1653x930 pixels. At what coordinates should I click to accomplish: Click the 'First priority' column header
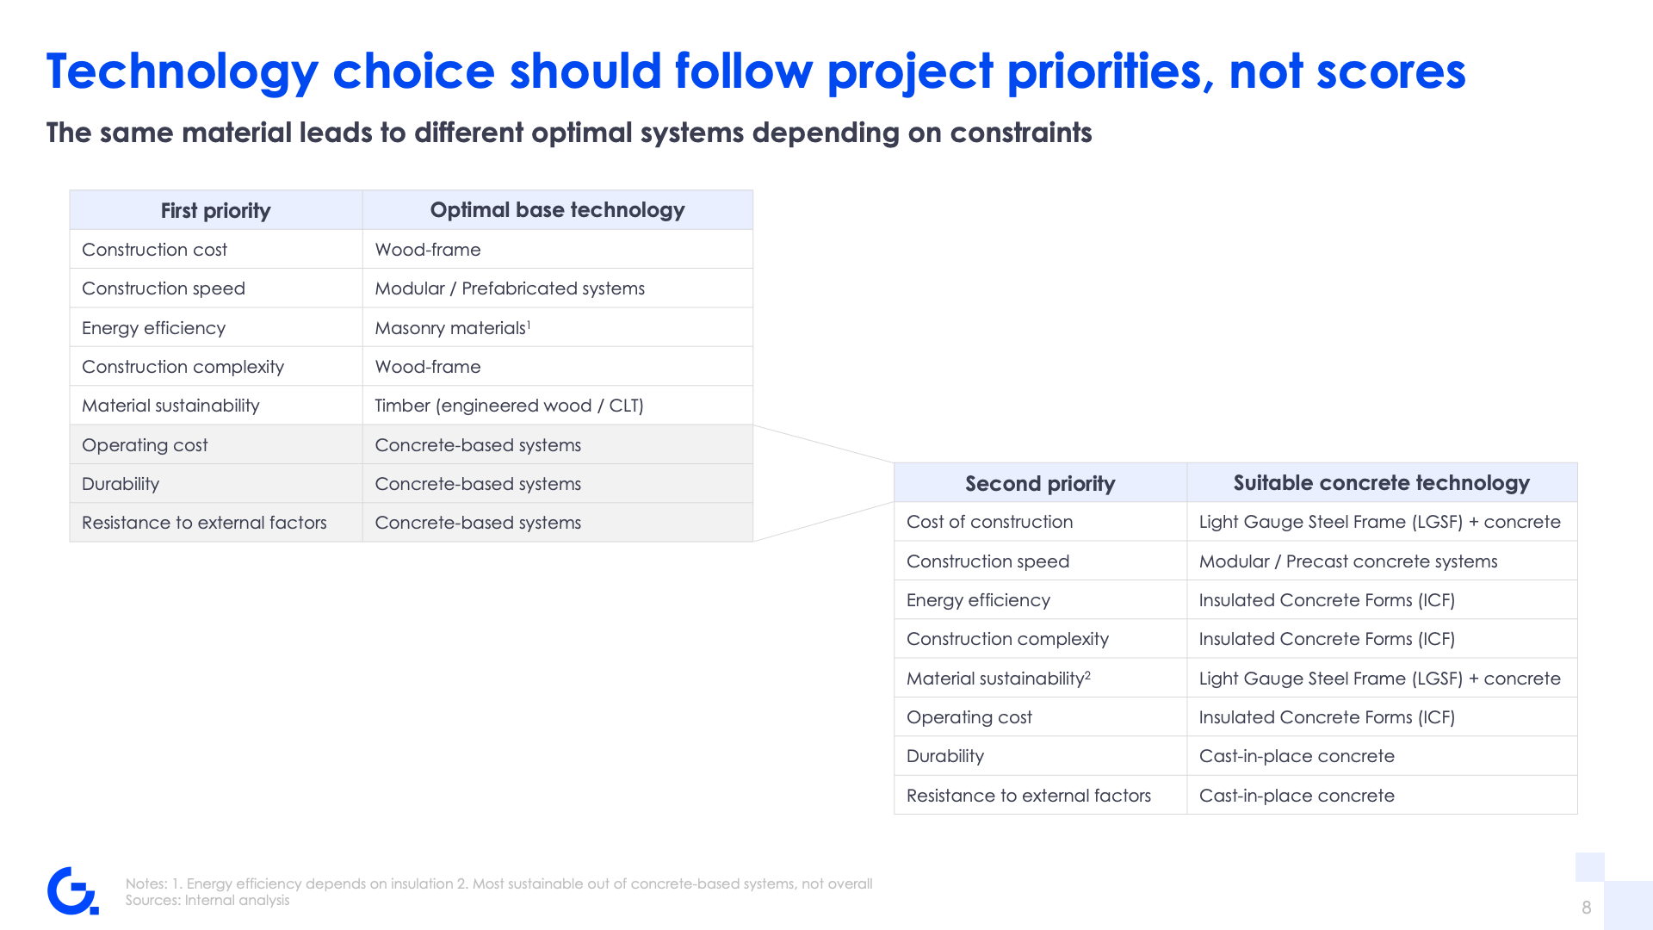[x=215, y=211]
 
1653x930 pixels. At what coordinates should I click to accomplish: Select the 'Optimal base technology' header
[x=557, y=210]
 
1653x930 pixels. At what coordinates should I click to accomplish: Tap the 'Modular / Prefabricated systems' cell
[x=510, y=288]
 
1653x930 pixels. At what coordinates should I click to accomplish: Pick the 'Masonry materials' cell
[x=453, y=328]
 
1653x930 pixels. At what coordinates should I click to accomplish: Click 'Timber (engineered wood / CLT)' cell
[x=509, y=406]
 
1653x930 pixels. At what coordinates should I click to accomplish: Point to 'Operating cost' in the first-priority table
[x=145, y=445]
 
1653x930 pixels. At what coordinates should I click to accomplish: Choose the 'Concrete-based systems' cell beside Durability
[x=478, y=484]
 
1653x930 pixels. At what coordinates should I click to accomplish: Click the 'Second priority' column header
[x=1040, y=484]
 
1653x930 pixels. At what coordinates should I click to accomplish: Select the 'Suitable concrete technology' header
[x=1381, y=483]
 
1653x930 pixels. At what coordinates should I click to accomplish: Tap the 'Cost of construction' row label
[x=989, y=522]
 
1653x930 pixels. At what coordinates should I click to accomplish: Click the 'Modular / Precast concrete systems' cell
[x=1348, y=561]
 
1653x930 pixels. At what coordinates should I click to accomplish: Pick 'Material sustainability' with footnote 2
[x=999, y=679]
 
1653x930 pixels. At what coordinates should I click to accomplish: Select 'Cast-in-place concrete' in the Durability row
[x=1297, y=756]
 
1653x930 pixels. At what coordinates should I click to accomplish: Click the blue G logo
[x=72, y=890]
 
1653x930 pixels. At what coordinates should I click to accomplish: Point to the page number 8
[x=1586, y=907]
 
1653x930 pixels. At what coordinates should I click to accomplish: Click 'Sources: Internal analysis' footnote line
[x=207, y=900]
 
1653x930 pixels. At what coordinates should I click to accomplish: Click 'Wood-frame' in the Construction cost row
[x=428, y=250]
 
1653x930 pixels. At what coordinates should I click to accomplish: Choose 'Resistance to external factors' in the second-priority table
[x=1029, y=796]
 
